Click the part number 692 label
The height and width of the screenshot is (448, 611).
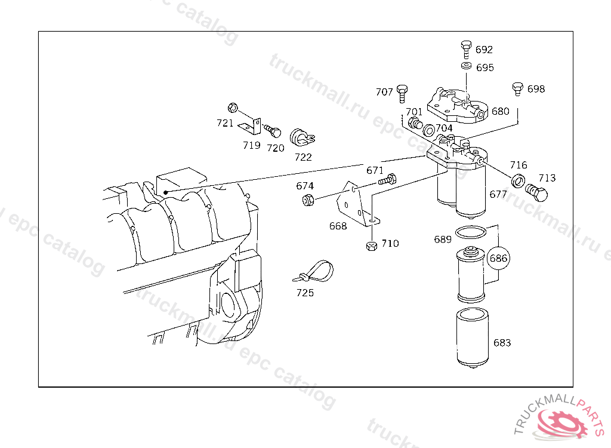pos(484,50)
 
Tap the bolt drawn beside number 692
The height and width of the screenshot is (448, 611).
pos(466,49)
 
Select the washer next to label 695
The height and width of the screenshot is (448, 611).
pos(466,66)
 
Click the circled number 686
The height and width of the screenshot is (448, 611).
pos(498,258)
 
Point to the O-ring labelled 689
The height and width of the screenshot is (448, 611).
pos(471,232)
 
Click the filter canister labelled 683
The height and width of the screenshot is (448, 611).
pos(473,338)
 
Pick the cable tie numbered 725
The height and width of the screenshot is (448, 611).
pos(314,271)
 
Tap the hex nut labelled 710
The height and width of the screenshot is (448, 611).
pos(372,246)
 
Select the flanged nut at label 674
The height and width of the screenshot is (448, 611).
pos(308,200)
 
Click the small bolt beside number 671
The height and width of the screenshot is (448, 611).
pos(387,180)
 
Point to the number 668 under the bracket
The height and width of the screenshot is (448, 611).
pos(338,226)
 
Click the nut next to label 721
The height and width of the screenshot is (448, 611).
pos(233,108)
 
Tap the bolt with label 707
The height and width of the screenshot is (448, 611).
pos(402,93)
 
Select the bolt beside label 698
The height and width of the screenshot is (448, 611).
pos(517,88)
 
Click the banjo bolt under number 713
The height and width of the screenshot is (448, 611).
pos(536,192)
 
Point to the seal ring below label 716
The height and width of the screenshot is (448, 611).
pos(518,180)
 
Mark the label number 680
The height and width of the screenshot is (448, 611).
pos(501,112)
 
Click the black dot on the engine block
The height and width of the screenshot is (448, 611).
pos(166,192)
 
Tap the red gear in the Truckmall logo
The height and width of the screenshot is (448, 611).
pos(562,423)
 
